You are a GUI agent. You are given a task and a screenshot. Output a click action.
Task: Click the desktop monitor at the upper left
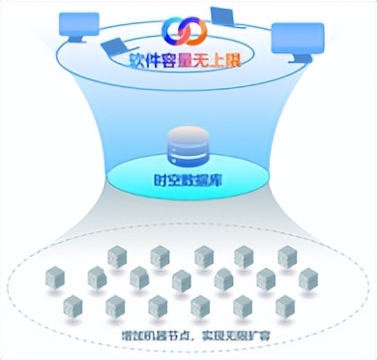point(79,26)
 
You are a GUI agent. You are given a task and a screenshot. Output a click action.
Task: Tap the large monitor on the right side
point(294,39)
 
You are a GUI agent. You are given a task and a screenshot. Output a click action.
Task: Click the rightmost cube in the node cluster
point(308,279)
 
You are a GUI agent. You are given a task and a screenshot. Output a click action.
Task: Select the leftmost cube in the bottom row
point(72,306)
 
